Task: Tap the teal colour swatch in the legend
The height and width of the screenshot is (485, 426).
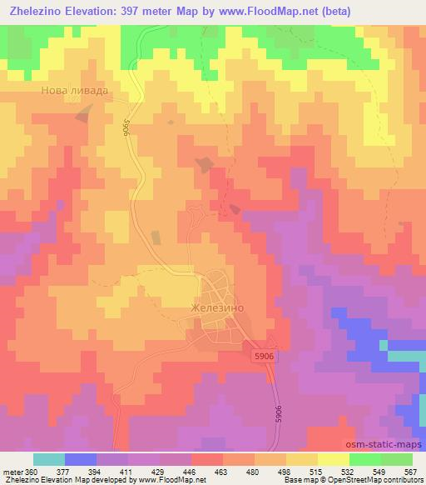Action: (x=49, y=459)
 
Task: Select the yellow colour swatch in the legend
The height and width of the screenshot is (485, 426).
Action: (x=334, y=459)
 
